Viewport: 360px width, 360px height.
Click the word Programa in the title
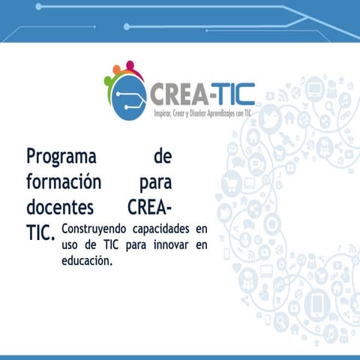(x=61, y=157)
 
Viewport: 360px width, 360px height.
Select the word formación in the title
(x=63, y=181)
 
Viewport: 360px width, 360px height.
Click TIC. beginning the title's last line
(x=40, y=232)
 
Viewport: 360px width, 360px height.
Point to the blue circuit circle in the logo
(x=127, y=100)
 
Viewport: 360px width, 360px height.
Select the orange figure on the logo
(x=117, y=70)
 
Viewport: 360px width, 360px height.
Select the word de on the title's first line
(x=161, y=157)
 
